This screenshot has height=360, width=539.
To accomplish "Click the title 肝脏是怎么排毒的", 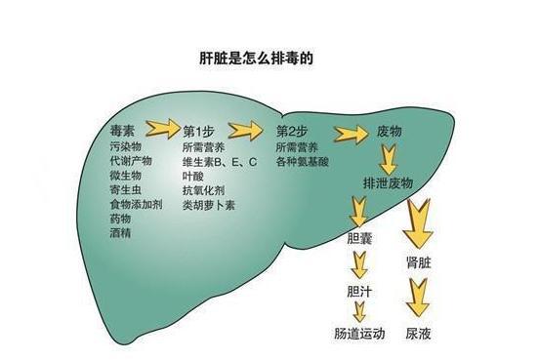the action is click(268, 58).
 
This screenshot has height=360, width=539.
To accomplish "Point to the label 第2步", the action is click(290, 131).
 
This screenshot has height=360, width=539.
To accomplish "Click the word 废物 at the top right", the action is click(389, 131).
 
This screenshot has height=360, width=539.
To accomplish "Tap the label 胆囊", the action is click(360, 239).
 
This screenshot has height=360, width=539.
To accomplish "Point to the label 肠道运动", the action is click(359, 334).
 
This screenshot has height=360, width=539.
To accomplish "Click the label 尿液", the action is click(419, 334).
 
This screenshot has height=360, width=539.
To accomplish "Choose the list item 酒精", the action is click(122, 233).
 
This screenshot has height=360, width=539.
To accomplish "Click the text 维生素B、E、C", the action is click(219, 160).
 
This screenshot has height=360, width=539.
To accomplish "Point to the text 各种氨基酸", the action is click(304, 160).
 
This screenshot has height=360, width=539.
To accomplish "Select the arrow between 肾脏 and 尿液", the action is click(419, 297).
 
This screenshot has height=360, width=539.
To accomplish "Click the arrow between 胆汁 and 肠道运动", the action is click(360, 311).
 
